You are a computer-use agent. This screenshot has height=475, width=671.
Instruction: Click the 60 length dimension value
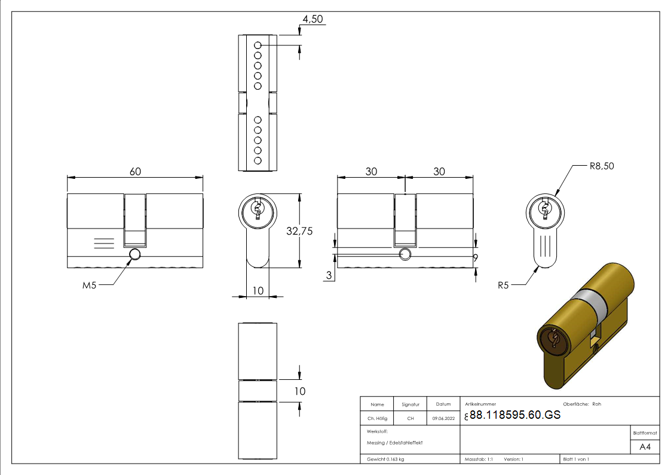click(x=135, y=172)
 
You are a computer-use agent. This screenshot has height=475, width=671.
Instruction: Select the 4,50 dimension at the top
click(x=312, y=19)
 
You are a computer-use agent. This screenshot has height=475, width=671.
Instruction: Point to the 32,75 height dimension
click(x=300, y=231)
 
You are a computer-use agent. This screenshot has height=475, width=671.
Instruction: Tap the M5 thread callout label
click(x=89, y=285)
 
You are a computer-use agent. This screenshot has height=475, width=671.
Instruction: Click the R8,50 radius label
click(x=601, y=166)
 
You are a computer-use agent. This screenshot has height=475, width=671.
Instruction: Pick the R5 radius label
click(x=504, y=285)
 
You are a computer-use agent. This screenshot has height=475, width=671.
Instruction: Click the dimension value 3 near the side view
click(x=329, y=275)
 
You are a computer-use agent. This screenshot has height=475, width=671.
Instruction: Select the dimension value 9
click(x=475, y=258)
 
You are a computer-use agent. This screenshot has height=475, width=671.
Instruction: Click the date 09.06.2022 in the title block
click(x=443, y=419)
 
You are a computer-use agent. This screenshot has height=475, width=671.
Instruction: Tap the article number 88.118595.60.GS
click(x=515, y=415)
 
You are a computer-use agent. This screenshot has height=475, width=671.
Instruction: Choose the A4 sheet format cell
click(x=645, y=447)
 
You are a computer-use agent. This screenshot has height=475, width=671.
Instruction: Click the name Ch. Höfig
click(x=377, y=419)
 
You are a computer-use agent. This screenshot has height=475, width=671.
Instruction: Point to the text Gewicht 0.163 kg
click(x=385, y=459)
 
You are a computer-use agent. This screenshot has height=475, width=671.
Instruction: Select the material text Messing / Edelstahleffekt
click(x=394, y=443)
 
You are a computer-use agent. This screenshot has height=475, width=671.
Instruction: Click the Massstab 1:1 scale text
click(x=479, y=459)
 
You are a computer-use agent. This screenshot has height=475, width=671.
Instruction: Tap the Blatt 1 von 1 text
click(x=575, y=459)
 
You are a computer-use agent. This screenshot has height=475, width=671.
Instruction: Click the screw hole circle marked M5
click(x=134, y=255)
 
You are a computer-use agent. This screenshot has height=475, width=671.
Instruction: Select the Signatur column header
click(x=410, y=404)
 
